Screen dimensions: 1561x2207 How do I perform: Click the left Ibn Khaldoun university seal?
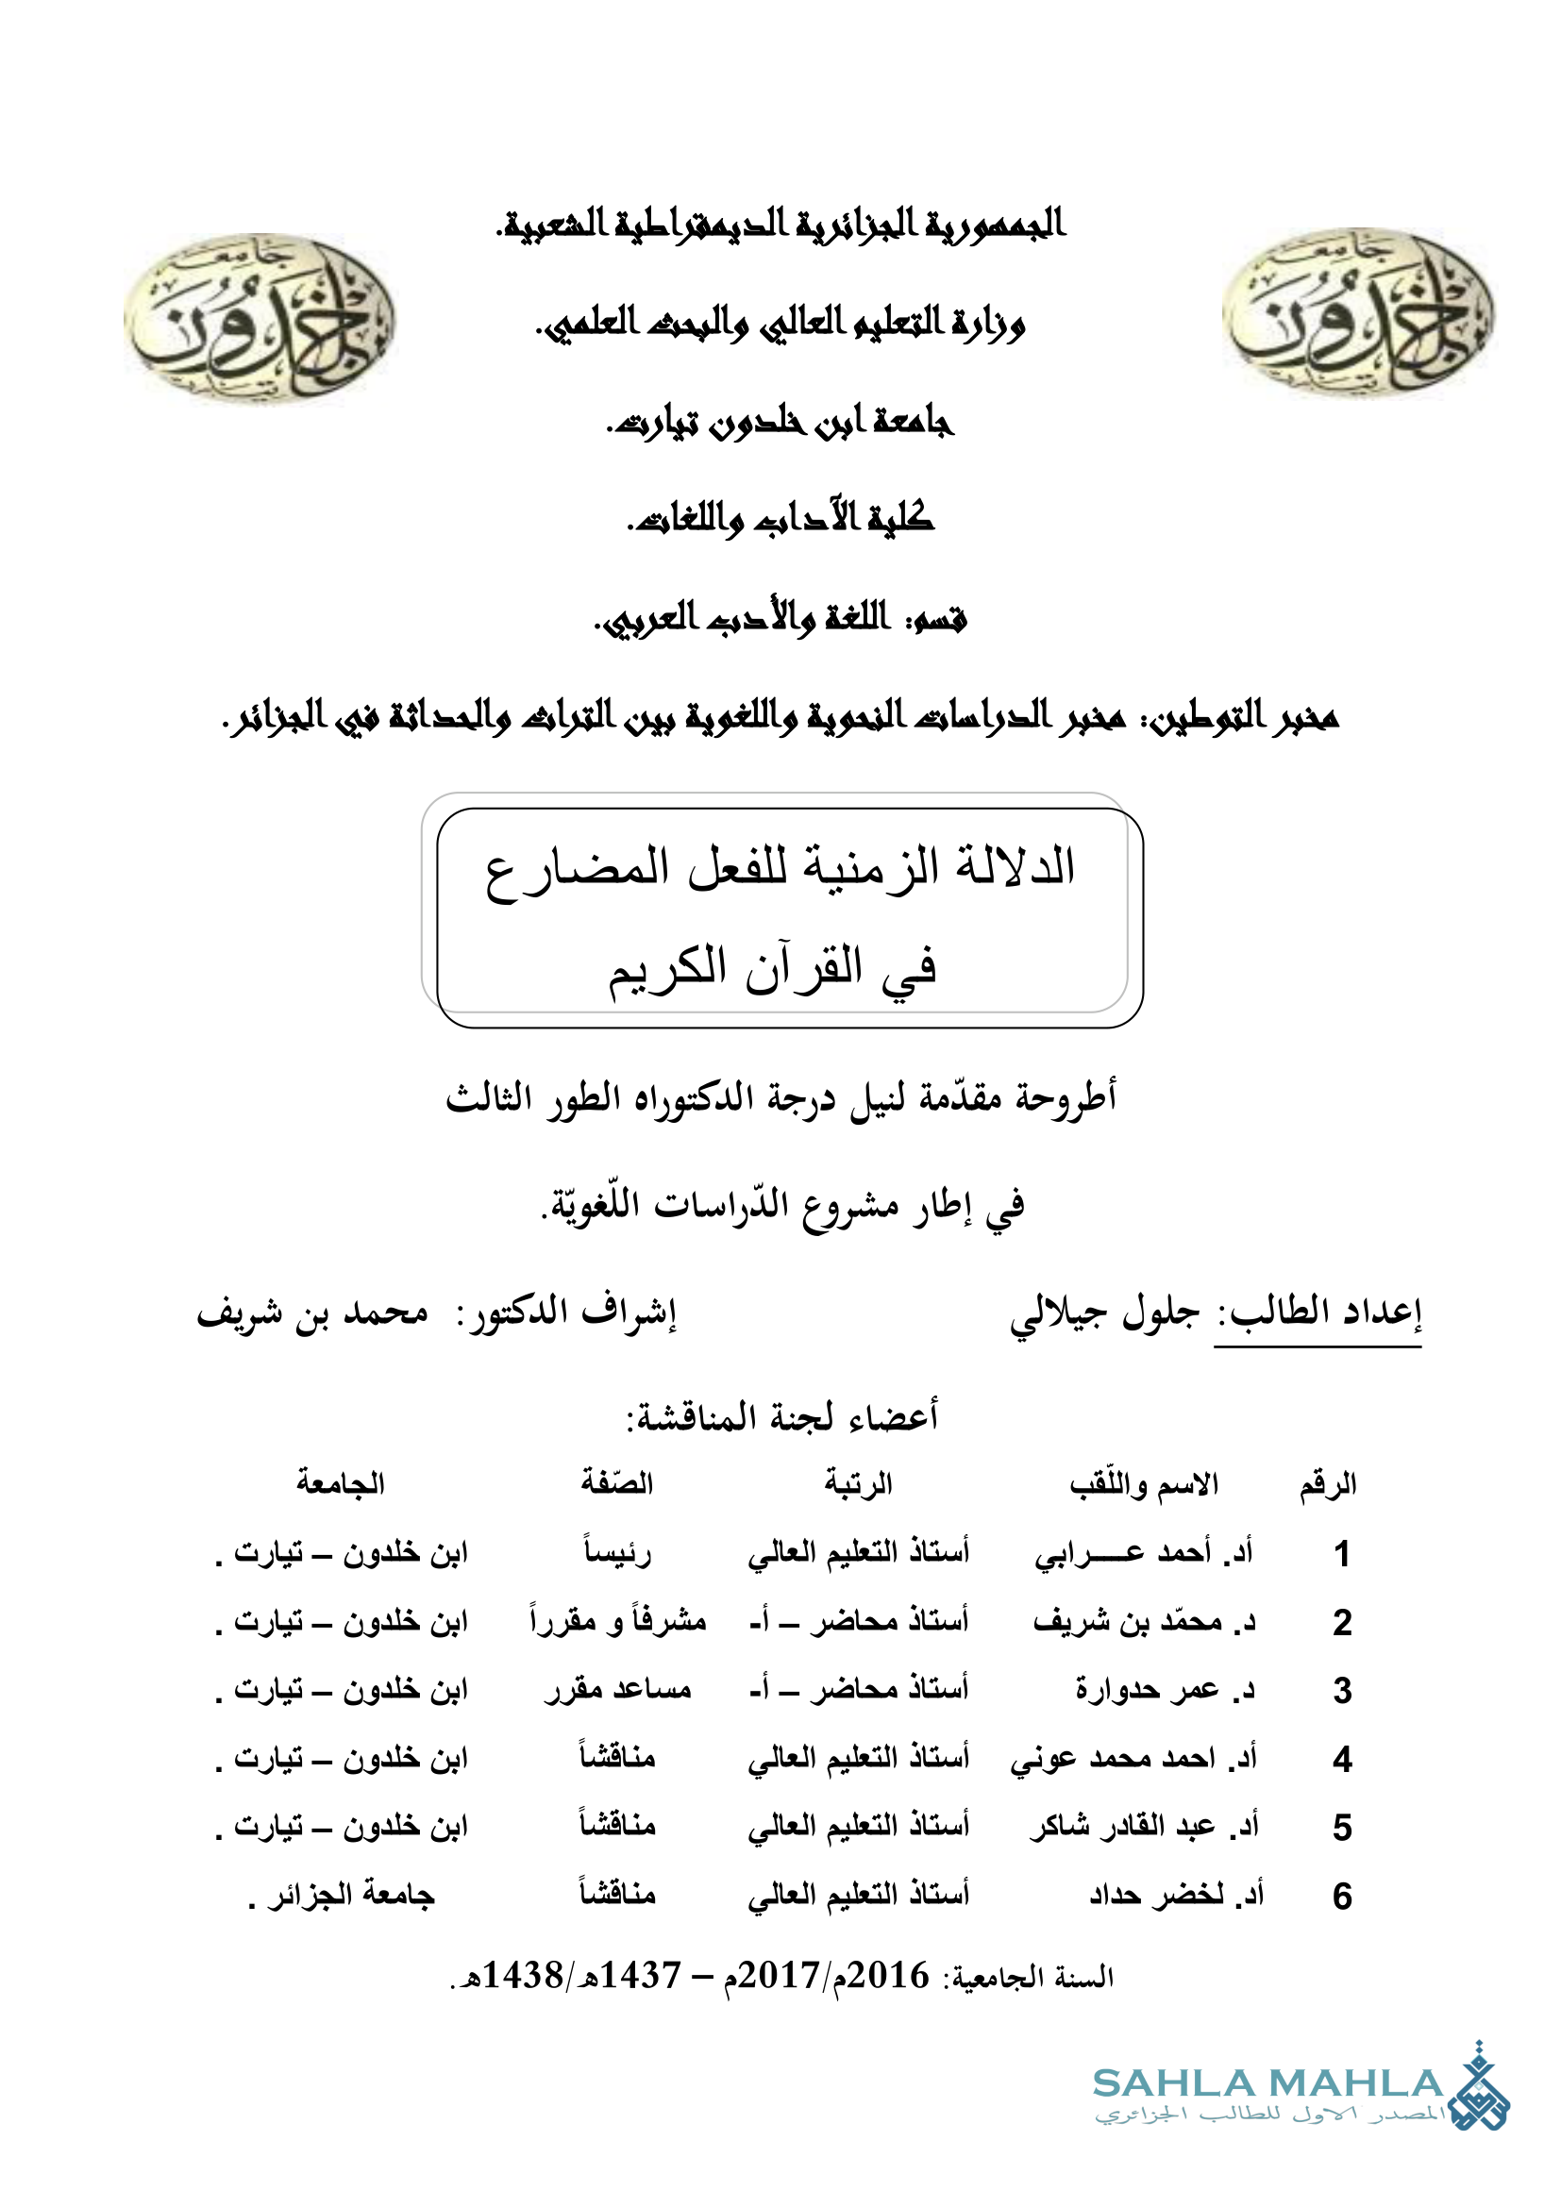point(260,318)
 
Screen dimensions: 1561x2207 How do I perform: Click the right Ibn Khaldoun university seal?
point(1358,313)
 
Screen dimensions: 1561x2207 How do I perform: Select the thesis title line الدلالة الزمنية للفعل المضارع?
point(780,868)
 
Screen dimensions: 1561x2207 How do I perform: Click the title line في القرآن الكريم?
point(772,967)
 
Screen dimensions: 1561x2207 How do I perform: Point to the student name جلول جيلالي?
point(1104,1313)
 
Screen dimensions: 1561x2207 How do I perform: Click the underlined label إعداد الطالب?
point(1318,1313)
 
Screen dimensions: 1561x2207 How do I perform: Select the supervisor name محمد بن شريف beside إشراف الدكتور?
point(313,1313)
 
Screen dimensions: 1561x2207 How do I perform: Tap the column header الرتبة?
point(858,1484)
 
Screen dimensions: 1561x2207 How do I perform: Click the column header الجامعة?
point(341,1483)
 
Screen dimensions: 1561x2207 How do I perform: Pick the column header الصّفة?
point(617,1483)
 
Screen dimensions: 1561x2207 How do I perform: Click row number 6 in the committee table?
point(1342,1896)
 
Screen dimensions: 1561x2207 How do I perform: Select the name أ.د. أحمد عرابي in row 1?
point(1143,1553)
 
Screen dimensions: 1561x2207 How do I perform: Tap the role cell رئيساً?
point(617,1553)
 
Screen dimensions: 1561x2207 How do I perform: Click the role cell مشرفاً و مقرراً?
point(617,1622)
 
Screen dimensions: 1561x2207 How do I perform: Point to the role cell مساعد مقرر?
point(617,1690)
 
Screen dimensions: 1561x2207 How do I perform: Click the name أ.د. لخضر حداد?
point(1176,1896)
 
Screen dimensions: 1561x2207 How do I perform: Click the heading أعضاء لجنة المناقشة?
point(781,1417)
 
